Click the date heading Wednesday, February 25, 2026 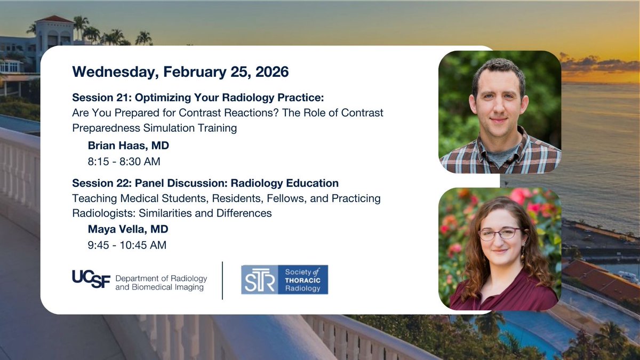(180, 71)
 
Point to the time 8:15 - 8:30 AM (124, 161)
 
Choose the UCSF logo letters (91, 279)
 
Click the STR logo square (259, 280)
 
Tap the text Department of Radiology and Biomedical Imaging (161, 283)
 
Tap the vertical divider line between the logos (222, 280)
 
